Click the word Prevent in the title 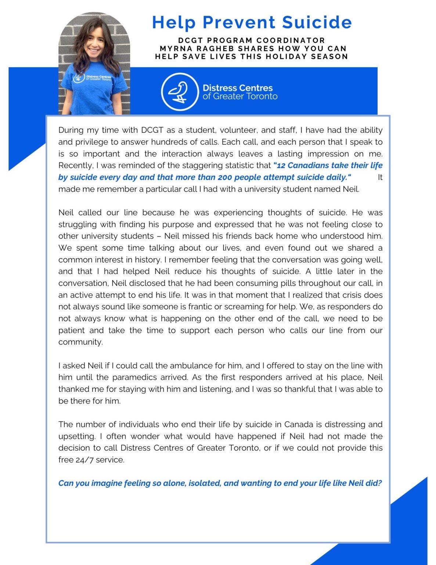tap(239, 22)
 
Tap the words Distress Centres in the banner tap(238, 88)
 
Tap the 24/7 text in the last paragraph tap(84, 460)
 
